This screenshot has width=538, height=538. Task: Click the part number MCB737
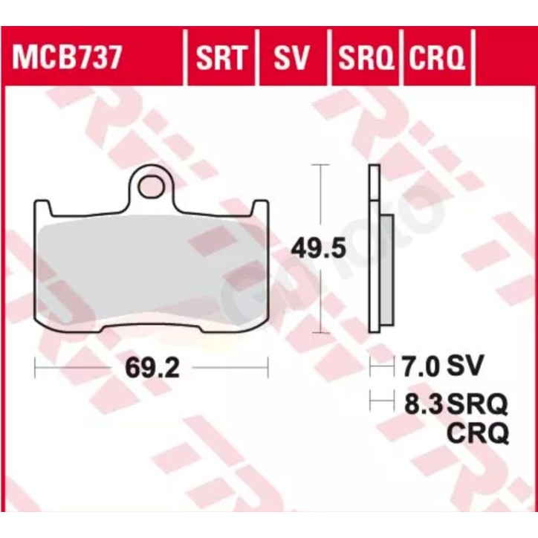click(x=64, y=56)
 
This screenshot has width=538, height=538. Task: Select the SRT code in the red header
click(x=220, y=56)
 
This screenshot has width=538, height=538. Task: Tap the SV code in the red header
click(x=292, y=56)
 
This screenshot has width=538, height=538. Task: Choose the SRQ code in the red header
click(x=364, y=56)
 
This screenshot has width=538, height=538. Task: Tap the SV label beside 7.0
click(x=465, y=366)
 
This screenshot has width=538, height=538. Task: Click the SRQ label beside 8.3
click(x=477, y=404)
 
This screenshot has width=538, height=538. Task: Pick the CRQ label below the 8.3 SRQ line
click(x=477, y=432)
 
